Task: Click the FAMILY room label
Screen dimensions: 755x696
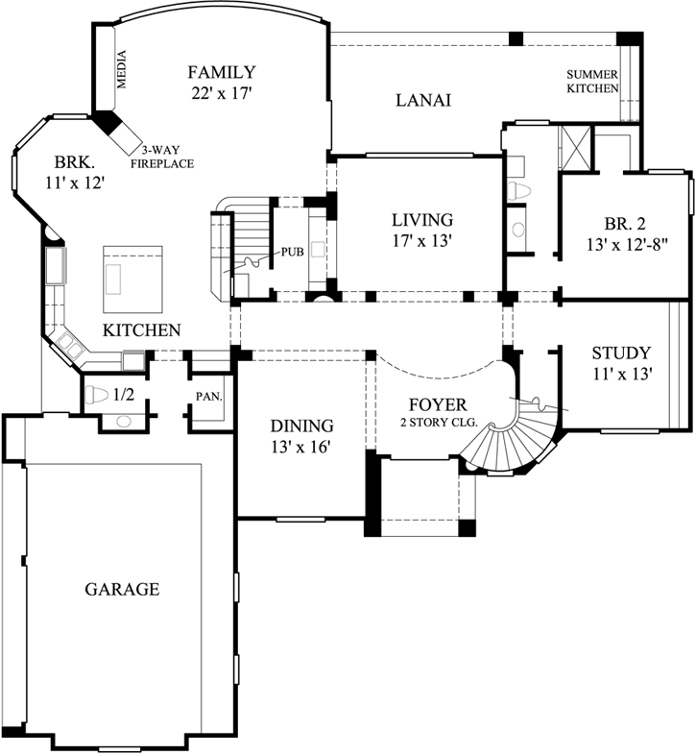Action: pyautogui.click(x=221, y=72)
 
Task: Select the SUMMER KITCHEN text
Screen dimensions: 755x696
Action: pyautogui.click(x=591, y=82)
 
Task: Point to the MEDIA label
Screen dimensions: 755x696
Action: pyautogui.click(x=121, y=69)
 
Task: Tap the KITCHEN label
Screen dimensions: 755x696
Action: pyautogui.click(x=142, y=330)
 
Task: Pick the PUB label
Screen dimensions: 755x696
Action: pyautogui.click(x=293, y=253)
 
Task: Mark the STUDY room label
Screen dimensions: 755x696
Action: pyautogui.click(x=621, y=353)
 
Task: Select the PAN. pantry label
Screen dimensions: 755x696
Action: pyautogui.click(x=209, y=394)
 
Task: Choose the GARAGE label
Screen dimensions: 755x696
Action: pyautogui.click(x=121, y=589)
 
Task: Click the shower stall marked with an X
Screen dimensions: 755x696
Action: pyautogui.click(x=575, y=146)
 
